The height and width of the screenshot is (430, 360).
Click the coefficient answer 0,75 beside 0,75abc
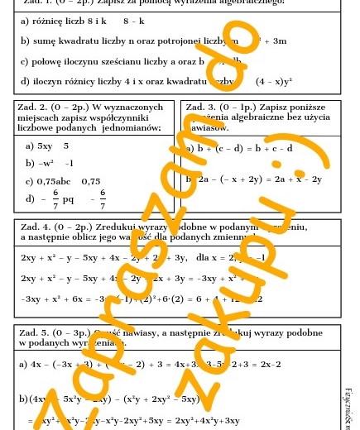pyautogui.click(x=90, y=181)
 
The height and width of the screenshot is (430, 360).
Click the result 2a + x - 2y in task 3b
pyautogui.click(x=295, y=179)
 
